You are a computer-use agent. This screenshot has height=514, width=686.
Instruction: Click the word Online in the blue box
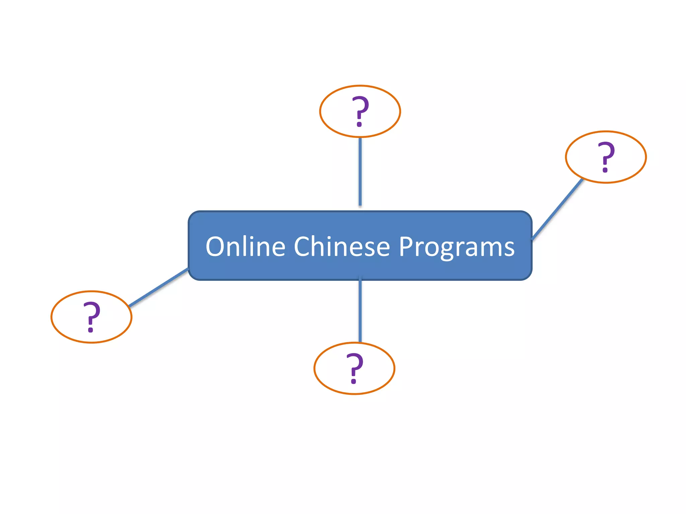click(x=245, y=247)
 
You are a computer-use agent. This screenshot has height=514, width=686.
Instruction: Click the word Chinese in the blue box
click(x=342, y=247)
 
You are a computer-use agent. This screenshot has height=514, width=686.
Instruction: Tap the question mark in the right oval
click(x=606, y=156)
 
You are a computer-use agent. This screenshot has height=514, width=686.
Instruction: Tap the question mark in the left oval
click(x=91, y=316)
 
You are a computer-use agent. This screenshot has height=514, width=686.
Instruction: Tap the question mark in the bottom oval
click(x=355, y=368)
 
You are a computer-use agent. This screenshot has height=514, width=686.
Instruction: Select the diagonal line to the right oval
click(x=558, y=209)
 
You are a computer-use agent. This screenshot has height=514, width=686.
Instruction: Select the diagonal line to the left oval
click(x=158, y=287)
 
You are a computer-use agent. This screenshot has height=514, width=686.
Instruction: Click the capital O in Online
click(x=215, y=247)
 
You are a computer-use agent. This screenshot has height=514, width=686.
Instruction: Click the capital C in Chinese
click(x=303, y=247)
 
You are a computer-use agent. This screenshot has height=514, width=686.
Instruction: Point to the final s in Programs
click(x=509, y=250)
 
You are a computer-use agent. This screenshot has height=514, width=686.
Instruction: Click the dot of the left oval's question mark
click(x=90, y=330)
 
